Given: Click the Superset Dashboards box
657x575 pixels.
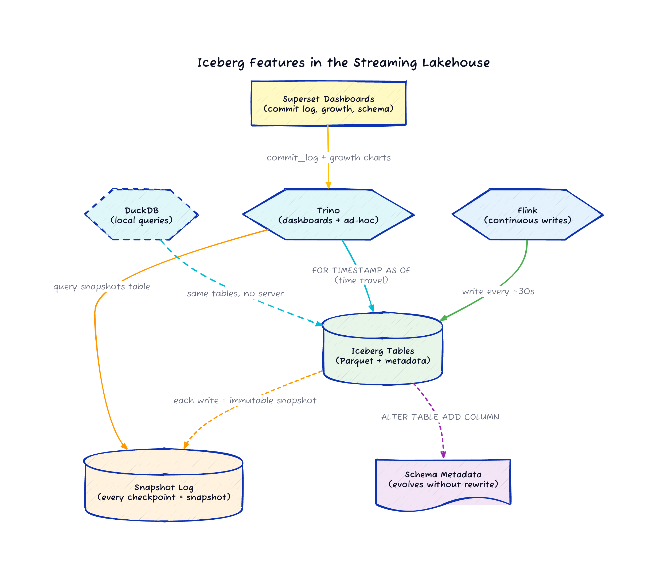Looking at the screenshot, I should (x=328, y=103).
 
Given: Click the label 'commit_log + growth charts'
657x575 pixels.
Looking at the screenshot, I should (x=328, y=158).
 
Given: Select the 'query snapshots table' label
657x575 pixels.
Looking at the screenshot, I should (x=101, y=286).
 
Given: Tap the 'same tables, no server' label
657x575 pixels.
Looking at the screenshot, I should (x=235, y=294).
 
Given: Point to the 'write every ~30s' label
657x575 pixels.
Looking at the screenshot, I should (x=498, y=291).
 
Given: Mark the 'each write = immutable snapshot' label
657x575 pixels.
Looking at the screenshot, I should (x=245, y=400).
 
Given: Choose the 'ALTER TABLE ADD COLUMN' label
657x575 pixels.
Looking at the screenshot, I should (x=440, y=417).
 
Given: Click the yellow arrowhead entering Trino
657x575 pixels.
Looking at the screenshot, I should (x=328, y=185).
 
